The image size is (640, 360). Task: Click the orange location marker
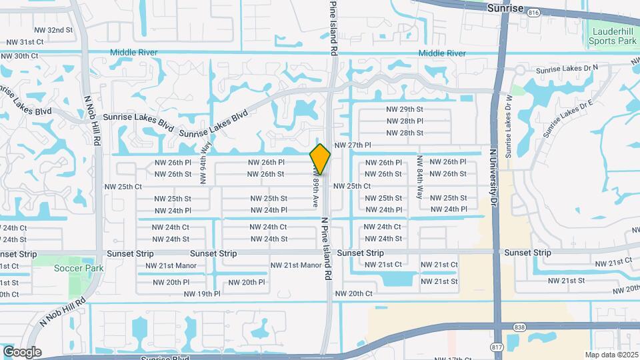[320, 159]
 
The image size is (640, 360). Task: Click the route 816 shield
[533, 12]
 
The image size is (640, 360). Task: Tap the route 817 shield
[495, 347]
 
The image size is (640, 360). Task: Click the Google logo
[21, 352]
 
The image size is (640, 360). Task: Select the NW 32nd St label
[55, 30]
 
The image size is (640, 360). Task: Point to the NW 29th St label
[405, 109]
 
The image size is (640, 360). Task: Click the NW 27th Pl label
[352, 145]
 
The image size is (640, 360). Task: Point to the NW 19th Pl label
[202, 293]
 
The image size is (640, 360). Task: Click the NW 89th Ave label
[315, 189]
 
